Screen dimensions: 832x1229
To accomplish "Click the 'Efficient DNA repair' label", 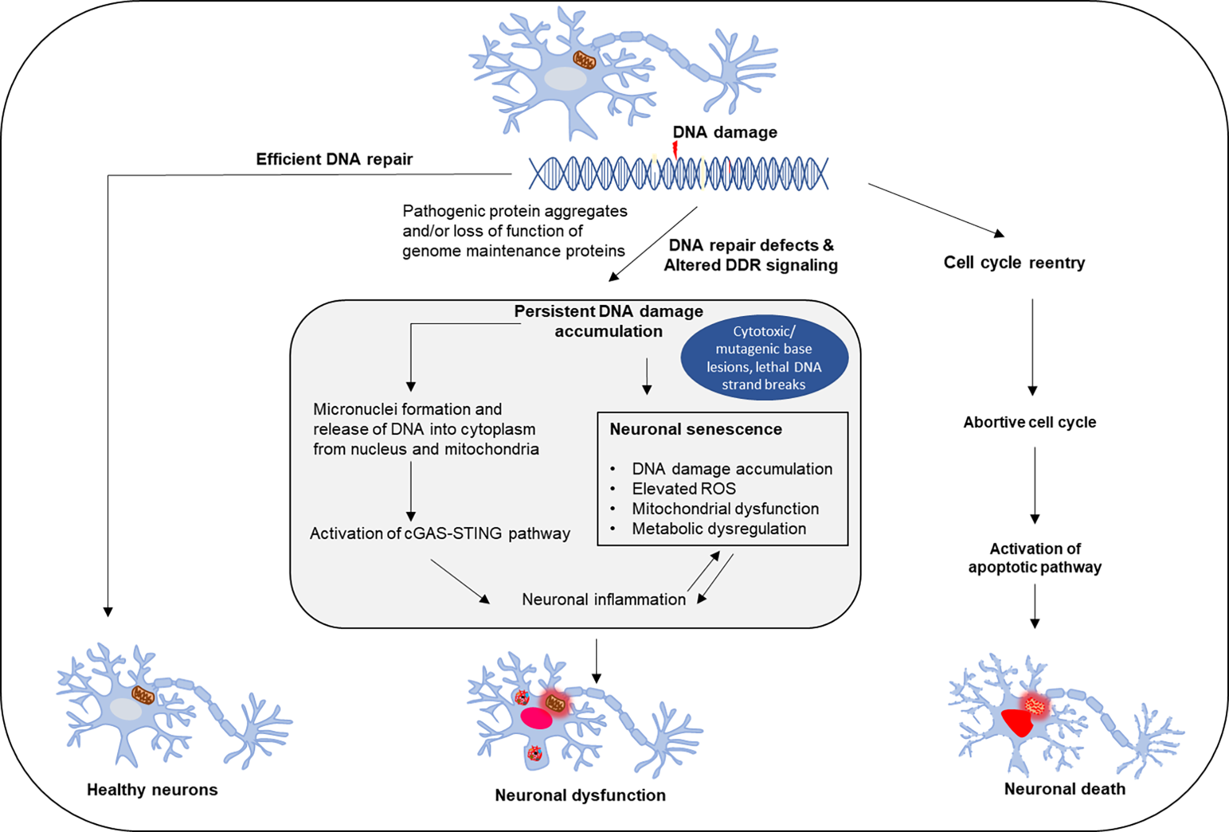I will [x=334, y=159].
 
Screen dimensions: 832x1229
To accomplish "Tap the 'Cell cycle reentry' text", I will [x=1014, y=263].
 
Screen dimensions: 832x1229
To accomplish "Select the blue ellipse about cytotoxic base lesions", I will [x=764, y=357].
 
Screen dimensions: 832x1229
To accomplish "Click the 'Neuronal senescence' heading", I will [x=696, y=429].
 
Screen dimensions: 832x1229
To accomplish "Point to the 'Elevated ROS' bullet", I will [x=684, y=489].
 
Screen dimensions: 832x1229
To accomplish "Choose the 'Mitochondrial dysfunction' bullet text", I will [x=725, y=509].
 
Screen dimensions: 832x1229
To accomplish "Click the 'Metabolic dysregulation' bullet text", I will [x=719, y=528].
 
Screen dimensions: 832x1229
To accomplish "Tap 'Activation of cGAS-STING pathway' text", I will [x=440, y=533].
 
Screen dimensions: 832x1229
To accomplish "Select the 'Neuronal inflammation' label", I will [x=603, y=600].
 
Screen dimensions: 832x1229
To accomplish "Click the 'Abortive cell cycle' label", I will [x=1030, y=423].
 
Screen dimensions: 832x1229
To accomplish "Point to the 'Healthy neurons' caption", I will [x=152, y=790].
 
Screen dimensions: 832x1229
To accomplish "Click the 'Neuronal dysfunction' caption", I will [x=580, y=795].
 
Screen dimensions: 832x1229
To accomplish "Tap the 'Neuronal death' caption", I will [x=1065, y=789].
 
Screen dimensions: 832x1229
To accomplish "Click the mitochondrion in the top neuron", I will [x=584, y=60].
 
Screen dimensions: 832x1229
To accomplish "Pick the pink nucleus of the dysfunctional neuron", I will [x=536, y=718].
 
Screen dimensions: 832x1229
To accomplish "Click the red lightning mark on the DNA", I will [x=675, y=149].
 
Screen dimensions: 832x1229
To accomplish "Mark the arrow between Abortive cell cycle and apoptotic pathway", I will [x=1034, y=486].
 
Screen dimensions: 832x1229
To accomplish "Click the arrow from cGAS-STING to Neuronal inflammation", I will [x=460, y=582].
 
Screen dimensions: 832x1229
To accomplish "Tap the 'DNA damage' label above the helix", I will [x=725, y=132].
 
